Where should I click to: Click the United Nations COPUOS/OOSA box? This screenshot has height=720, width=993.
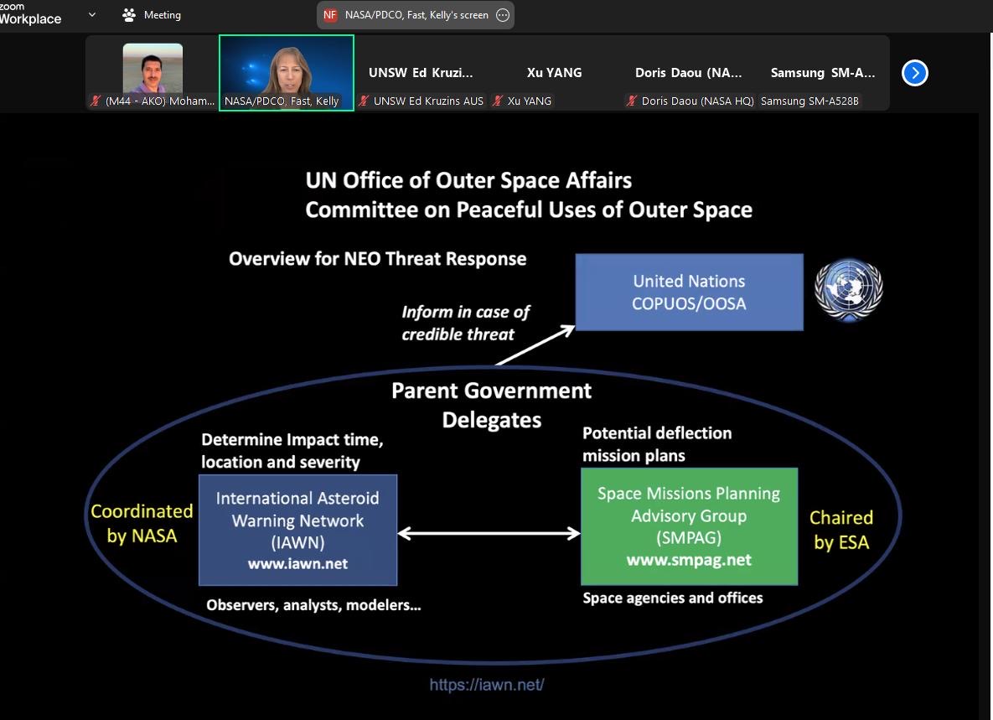pyautogui.click(x=689, y=292)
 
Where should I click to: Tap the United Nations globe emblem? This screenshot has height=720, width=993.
pyautogui.click(x=849, y=289)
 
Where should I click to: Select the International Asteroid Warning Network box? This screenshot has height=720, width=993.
pyautogui.click(x=297, y=530)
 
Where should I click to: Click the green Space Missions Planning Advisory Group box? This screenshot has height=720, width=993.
pyautogui.click(x=689, y=526)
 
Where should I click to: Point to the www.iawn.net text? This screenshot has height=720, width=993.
pyautogui.click(x=297, y=563)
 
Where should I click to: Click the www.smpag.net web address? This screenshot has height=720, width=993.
pyautogui.click(x=689, y=560)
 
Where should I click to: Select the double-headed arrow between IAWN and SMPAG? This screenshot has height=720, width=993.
pyautogui.click(x=489, y=533)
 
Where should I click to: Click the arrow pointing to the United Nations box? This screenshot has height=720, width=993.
pyautogui.click(x=535, y=345)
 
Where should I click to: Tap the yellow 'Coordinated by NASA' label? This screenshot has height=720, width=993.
pyautogui.click(x=142, y=524)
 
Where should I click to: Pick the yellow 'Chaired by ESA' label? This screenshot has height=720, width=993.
pyautogui.click(x=841, y=530)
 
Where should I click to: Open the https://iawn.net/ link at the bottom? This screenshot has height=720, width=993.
pyautogui.click(x=486, y=685)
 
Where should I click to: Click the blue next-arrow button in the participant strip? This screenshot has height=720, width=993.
pyautogui.click(x=914, y=73)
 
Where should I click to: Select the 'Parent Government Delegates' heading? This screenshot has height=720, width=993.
pyautogui.click(x=491, y=406)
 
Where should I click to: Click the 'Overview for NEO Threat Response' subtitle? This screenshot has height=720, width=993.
pyautogui.click(x=377, y=259)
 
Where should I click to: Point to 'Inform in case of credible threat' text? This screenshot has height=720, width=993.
pyautogui.click(x=465, y=323)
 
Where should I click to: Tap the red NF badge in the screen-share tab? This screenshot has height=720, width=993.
pyautogui.click(x=330, y=15)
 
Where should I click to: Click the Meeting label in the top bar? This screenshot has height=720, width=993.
pyautogui.click(x=162, y=15)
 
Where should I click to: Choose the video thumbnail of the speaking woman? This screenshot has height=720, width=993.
pyautogui.click(x=287, y=73)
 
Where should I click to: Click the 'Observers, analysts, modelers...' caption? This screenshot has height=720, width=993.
pyautogui.click(x=313, y=605)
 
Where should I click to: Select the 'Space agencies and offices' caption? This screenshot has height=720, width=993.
pyautogui.click(x=673, y=598)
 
